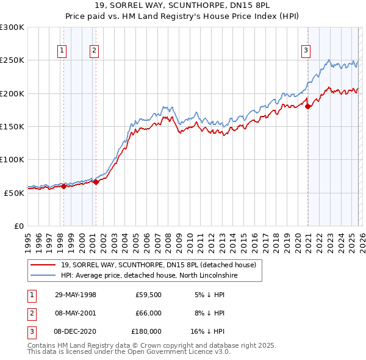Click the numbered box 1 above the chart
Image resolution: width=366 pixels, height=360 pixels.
click(63, 51)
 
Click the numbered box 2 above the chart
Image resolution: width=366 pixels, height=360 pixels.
click(95, 51)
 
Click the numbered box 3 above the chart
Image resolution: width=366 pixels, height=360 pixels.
click(306, 51)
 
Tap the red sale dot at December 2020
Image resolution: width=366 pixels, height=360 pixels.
click(308, 107)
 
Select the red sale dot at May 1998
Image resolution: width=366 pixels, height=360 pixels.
click(63, 186)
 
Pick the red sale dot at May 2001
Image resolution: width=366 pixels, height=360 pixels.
click(96, 182)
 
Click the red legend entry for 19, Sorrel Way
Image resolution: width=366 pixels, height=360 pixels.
click(162, 265)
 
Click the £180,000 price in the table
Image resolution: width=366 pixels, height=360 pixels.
click(146, 331)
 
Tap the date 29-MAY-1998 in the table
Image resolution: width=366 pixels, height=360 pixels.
click(76, 295)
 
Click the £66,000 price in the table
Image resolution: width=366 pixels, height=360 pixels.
click(148, 313)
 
